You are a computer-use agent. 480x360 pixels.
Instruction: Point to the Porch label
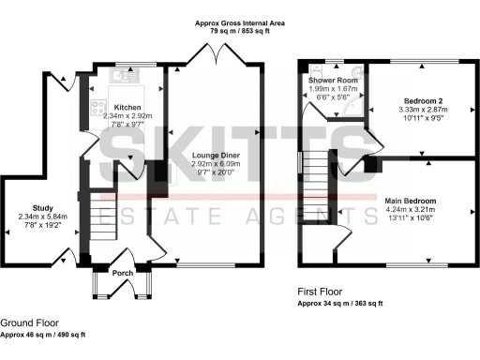point(123,273)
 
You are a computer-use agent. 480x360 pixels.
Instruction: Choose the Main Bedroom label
point(412,201)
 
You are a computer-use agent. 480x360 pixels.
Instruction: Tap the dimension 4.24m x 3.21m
point(412,210)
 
